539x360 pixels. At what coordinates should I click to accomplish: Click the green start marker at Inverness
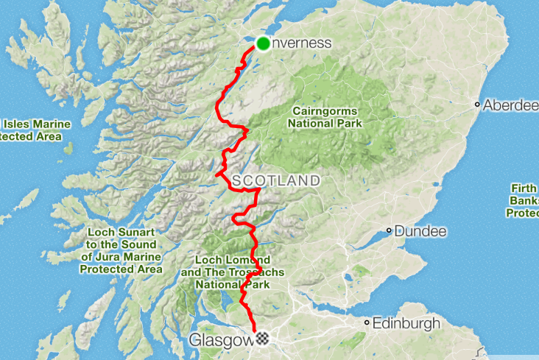(264, 43)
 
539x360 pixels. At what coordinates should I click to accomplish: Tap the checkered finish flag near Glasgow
(262, 339)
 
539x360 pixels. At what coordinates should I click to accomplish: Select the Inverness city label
(302, 43)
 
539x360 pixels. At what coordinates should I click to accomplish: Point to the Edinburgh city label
(406, 323)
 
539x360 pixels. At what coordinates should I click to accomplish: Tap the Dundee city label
(420, 231)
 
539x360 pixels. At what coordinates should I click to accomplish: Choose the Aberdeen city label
(510, 105)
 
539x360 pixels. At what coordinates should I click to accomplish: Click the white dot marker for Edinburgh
(366, 323)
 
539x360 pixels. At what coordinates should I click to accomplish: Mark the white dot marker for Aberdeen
(478, 105)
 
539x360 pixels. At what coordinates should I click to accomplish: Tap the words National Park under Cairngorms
(325, 124)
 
